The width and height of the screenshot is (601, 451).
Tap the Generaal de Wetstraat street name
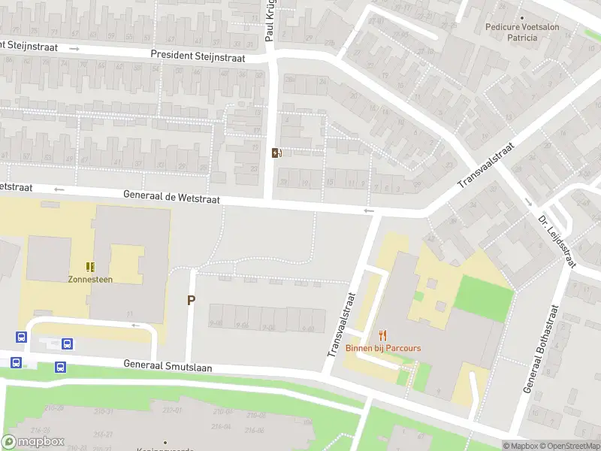[172, 198]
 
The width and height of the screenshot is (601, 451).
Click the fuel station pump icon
[277, 153]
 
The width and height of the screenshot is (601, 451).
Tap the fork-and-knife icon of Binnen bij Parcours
[383, 335]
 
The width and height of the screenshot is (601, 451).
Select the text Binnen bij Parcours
[383, 348]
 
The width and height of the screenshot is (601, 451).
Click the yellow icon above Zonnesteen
[90, 266]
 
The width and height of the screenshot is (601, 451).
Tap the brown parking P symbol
[191, 301]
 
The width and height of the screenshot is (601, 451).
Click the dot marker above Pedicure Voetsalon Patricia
[522, 17]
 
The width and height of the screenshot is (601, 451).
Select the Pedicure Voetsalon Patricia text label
[522, 32]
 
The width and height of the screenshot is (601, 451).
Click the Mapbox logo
[33, 441]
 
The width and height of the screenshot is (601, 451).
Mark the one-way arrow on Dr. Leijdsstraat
[529, 201]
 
